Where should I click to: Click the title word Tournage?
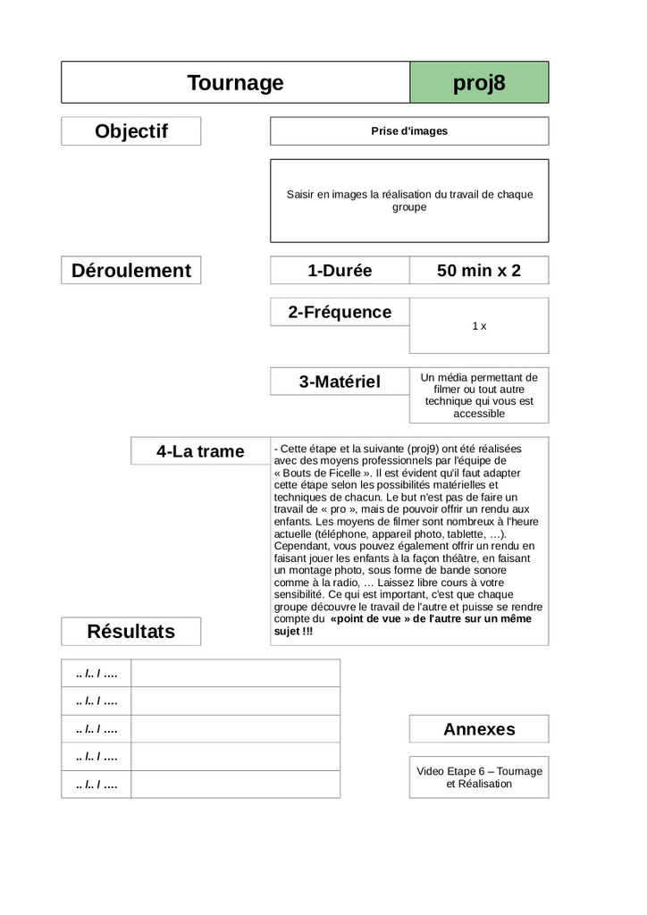(x=235, y=83)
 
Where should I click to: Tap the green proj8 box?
(x=479, y=83)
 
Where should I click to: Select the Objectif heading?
(x=131, y=131)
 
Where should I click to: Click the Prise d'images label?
(x=409, y=131)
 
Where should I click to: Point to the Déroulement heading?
(x=131, y=270)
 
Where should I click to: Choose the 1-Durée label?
(x=340, y=270)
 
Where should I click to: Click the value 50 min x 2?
(x=479, y=270)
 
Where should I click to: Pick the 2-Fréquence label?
(x=340, y=312)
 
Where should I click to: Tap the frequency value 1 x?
(x=479, y=326)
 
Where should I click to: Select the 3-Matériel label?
(x=340, y=382)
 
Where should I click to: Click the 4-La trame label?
(x=200, y=451)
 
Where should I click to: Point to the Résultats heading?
(x=131, y=632)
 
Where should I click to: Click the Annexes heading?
(x=479, y=729)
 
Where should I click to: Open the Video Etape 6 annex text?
(x=479, y=777)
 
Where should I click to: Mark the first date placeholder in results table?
(x=97, y=673)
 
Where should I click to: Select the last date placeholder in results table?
(x=97, y=785)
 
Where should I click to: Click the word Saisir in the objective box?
(x=302, y=194)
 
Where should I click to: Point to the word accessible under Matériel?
(x=479, y=414)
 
